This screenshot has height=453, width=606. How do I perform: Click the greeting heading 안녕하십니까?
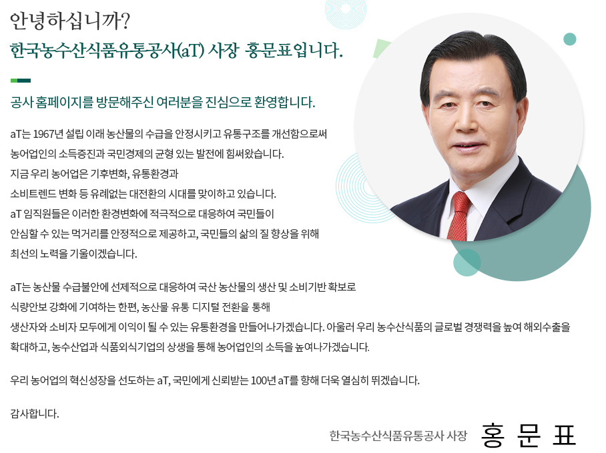tap(70, 21)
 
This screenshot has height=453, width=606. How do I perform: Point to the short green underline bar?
tap(21, 81)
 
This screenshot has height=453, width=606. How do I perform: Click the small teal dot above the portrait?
tap(570, 39)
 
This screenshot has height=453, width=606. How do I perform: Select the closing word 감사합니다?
tap(35, 414)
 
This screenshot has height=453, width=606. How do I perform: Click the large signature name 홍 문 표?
tap(529, 436)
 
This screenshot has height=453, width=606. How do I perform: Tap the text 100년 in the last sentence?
tap(263, 380)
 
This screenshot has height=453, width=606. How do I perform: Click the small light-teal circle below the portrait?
tap(467, 262)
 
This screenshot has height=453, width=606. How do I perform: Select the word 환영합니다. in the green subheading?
tap(285, 102)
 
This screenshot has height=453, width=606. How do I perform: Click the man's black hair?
tap(473, 58)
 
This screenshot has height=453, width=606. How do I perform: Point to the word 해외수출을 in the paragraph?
tap(547, 327)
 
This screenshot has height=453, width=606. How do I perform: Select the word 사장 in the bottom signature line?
tap(457, 436)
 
